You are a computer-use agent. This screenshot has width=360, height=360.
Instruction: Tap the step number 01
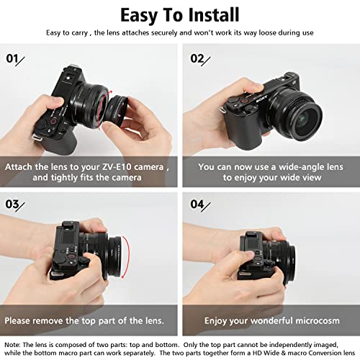pos(12,58)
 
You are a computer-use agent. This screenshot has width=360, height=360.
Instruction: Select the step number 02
pos(197,58)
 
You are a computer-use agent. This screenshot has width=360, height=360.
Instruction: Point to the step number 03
pos(12,204)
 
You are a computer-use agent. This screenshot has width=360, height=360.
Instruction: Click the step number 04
pos(197,204)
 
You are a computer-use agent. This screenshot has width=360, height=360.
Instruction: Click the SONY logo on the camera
pos(261,99)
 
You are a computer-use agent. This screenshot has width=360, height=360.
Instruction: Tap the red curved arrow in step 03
pos(127,257)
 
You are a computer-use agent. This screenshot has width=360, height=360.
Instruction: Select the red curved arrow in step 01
pos(105,109)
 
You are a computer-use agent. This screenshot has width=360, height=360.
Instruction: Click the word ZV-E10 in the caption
pos(117,167)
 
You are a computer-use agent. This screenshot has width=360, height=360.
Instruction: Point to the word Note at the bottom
pos(12,345)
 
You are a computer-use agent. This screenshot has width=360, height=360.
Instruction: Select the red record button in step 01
pos(53,122)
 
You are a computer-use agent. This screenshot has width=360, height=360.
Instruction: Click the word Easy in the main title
pos(139,15)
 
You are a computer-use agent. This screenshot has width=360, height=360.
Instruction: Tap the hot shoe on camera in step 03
pos(70,225)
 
